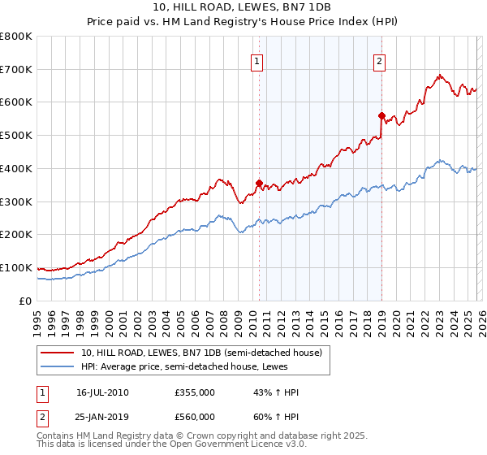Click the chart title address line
[x=243, y=7]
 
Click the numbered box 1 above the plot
[x=257, y=59]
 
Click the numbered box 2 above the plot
[x=380, y=59]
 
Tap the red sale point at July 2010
[x=259, y=183]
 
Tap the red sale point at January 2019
[x=381, y=115]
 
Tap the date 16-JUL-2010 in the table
[x=102, y=392]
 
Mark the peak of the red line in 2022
[x=439, y=76]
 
